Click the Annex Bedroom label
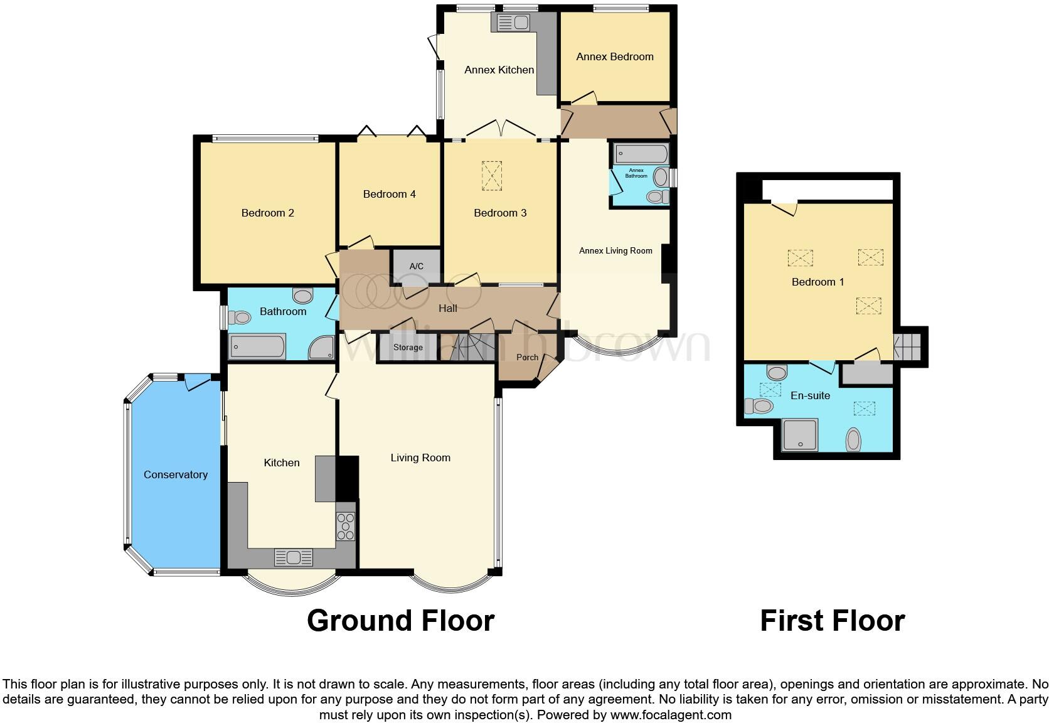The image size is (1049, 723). [614, 56]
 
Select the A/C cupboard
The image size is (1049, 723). [416, 266]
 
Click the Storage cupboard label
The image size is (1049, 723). [408, 347]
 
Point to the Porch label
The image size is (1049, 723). [527, 357]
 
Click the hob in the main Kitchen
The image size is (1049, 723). [346, 527]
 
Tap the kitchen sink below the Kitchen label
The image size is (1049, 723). [294, 557]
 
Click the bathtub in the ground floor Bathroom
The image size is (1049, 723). [258, 346]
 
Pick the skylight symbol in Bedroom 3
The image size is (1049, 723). [492, 176]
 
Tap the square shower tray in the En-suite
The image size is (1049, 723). [801, 435]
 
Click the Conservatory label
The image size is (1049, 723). [175, 474]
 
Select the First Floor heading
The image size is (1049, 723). [832, 621]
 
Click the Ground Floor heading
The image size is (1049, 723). [400, 621]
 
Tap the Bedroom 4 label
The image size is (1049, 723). [389, 194]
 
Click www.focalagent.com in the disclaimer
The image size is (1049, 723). [670, 714]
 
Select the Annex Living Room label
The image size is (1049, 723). [615, 250]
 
